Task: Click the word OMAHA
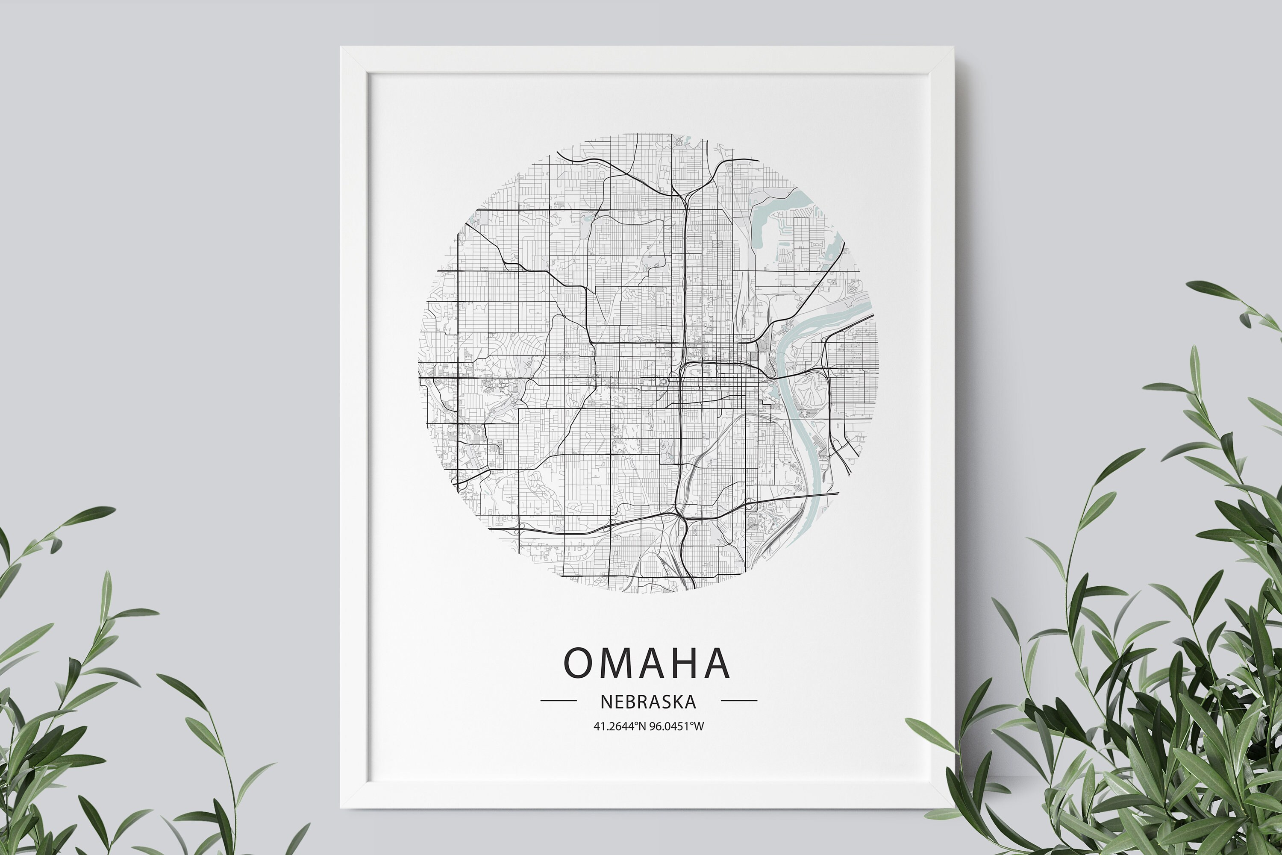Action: click(646, 663)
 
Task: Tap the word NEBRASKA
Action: click(648, 702)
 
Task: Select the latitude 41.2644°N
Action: click(620, 726)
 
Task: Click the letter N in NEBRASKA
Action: click(605, 702)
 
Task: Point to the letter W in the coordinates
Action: click(699, 726)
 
